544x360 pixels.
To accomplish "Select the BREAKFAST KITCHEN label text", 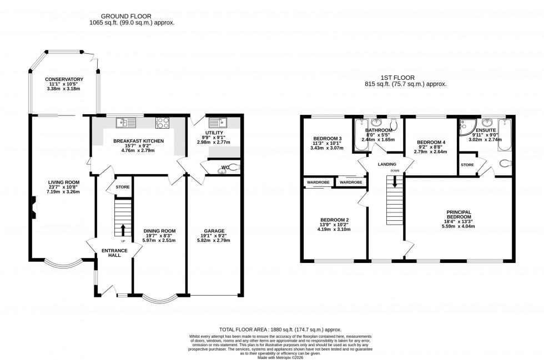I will [139, 141].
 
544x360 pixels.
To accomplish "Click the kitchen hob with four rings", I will [163, 123].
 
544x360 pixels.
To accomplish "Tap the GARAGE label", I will [214, 230].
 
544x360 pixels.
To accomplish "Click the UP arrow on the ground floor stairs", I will [123, 229].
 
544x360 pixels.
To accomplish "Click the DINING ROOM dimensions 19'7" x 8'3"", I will [159, 236].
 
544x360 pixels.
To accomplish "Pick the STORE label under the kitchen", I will [122, 187].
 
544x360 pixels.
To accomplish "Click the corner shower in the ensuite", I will [464, 128].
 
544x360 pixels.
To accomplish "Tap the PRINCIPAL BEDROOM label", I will [459, 214].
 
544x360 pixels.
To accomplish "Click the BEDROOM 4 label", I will [431, 142].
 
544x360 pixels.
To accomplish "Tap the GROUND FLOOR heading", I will [132, 17].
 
